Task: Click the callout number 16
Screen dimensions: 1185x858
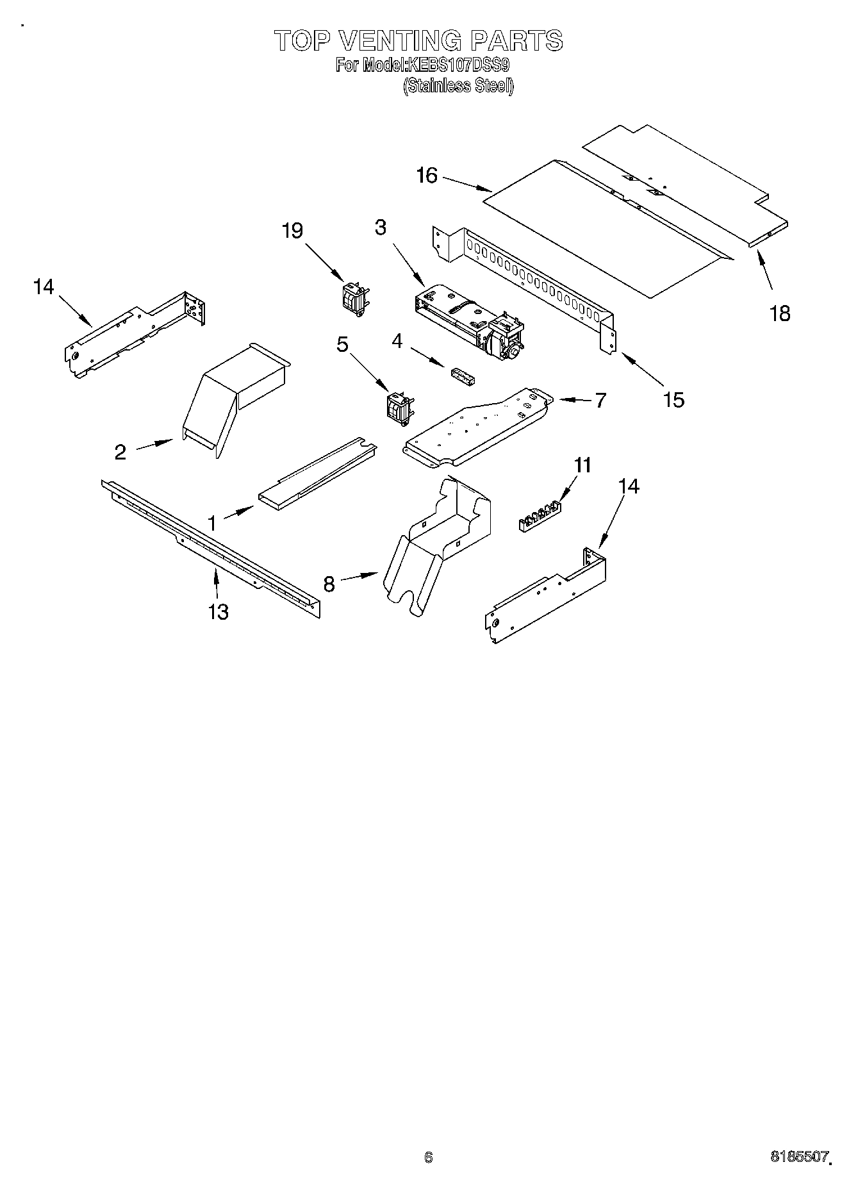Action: [x=426, y=176]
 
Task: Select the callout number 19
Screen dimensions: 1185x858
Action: [x=293, y=231]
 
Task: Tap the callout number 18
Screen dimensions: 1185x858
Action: [x=780, y=313]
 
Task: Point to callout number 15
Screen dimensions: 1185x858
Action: [x=673, y=400]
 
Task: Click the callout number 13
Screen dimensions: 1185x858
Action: [x=219, y=612]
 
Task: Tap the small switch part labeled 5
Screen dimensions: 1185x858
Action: [x=398, y=410]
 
